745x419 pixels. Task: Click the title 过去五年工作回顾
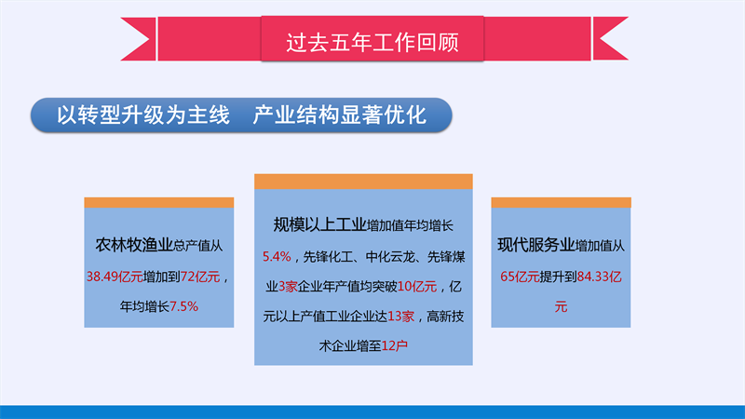(372, 42)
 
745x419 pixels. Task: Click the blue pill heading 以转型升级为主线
(143, 115)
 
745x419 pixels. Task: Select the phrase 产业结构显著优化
(339, 115)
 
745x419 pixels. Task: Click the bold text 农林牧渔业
(134, 245)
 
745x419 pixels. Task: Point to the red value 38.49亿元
(115, 277)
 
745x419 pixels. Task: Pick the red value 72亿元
(200, 277)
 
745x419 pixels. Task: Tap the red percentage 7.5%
(183, 306)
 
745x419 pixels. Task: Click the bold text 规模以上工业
(319, 224)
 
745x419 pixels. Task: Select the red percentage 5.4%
(277, 257)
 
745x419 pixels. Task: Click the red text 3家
(288, 287)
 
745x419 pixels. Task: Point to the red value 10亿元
(417, 287)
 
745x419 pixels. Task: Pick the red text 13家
(401, 317)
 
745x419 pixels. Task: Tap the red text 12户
(394, 345)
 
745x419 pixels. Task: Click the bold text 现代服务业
(536, 245)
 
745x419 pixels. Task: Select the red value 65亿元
(520, 277)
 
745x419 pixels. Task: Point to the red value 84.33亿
(599, 277)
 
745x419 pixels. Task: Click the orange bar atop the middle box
(363, 182)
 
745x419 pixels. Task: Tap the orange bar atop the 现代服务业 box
(562, 203)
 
